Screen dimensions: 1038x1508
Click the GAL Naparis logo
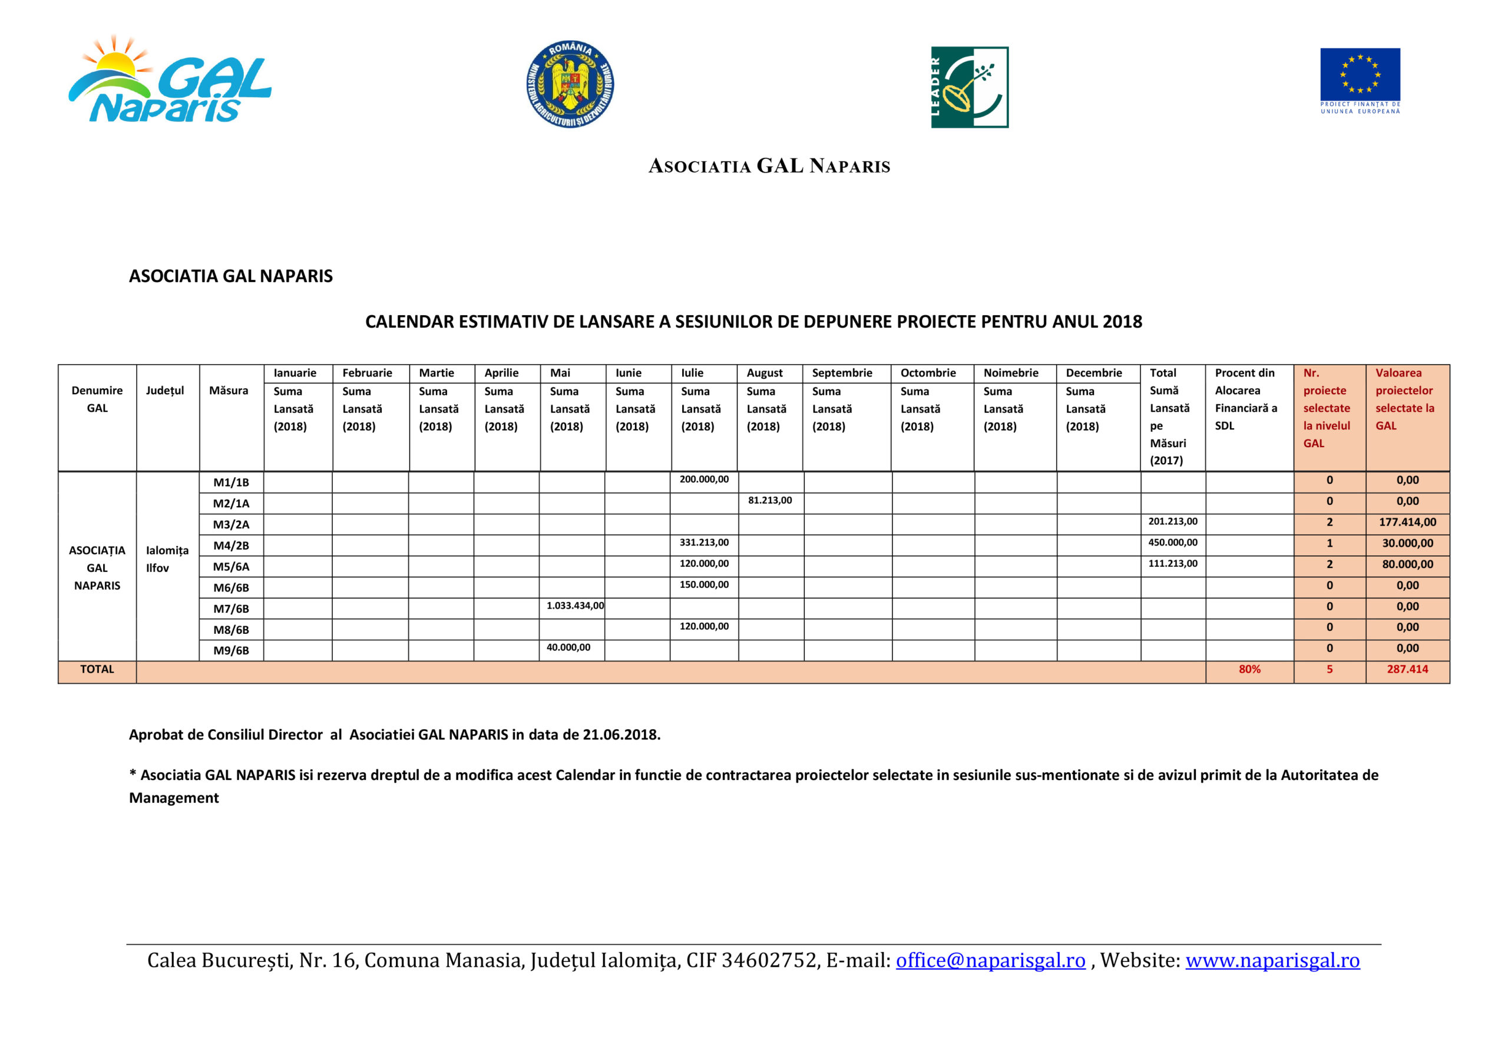pyautogui.click(x=170, y=80)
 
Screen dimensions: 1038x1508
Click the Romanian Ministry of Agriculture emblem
pyautogui.click(x=570, y=84)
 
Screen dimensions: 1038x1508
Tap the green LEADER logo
pyautogui.click(x=969, y=87)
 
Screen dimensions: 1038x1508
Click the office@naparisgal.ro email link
pyautogui.click(x=990, y=960)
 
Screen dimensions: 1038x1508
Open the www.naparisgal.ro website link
pyautogui.click(x=1272, y=960)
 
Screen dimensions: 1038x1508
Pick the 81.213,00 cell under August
pyautogui.click(x=769, y=500)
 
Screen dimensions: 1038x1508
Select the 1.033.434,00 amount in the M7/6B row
pyautogui.click(x=575, y=606)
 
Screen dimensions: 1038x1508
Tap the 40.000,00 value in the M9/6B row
pyautogui.click(x=568, y=647)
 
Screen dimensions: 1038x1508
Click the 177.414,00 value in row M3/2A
pyautogui.click(x=1407, y=523)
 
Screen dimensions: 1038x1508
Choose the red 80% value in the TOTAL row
pyautogui.click(x=1249, y=669)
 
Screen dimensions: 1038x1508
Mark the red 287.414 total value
pyautogui.click(x=1407, y=669)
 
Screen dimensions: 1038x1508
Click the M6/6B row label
pyautogui.click(x=231, y=588)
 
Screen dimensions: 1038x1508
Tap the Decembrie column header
pyautogui.click(x=1093, y=373)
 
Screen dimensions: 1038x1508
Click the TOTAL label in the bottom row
pyautogui.click(x=97, y=669)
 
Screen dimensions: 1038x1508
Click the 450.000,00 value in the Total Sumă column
pyautogui.click(x=1172, y=543)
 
